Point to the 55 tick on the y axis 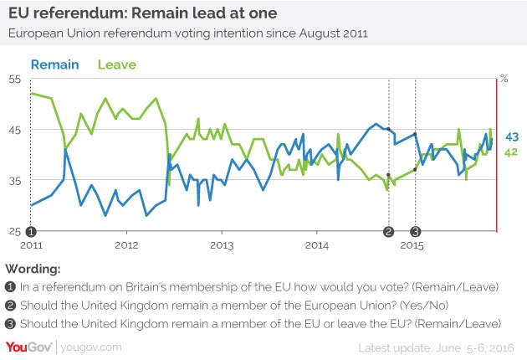(x=15, y=79)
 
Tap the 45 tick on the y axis (x=15, y=130)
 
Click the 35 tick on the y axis (x=15, y=180)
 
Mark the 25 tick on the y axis (x=15, y=231)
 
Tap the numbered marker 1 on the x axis (x=30, y=232)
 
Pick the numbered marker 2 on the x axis (x=388, y=232)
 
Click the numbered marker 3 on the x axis (x=416, y=232)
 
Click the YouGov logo (x=30, y=347)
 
